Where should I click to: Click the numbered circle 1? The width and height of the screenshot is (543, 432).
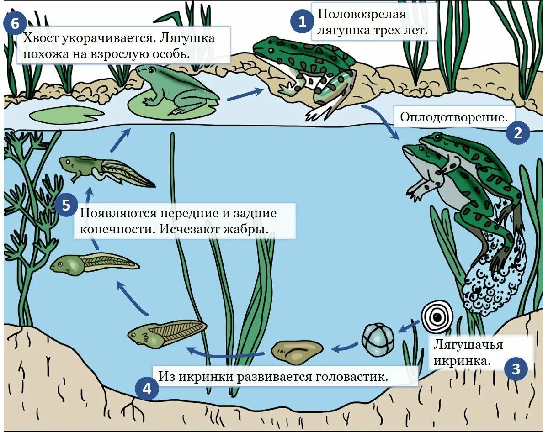(x=302, y=21)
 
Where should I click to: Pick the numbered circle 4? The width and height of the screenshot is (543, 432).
(x=147, y=389)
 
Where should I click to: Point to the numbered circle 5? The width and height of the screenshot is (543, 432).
(x=67, y=205)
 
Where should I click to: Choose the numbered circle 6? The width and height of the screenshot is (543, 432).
(x=16, y=24)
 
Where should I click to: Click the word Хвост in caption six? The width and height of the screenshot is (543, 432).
(x=43, y=38)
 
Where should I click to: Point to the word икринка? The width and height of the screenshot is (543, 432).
(x=462, y=361)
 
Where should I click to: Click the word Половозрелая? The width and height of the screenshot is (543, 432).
(x=362, y=14)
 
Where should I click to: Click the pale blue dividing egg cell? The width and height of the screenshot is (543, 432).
(x=378, y=339)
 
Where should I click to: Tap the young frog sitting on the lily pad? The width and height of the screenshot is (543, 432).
(x=176, y=89)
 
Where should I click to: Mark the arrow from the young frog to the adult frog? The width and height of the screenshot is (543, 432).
(x=245, y=94)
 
